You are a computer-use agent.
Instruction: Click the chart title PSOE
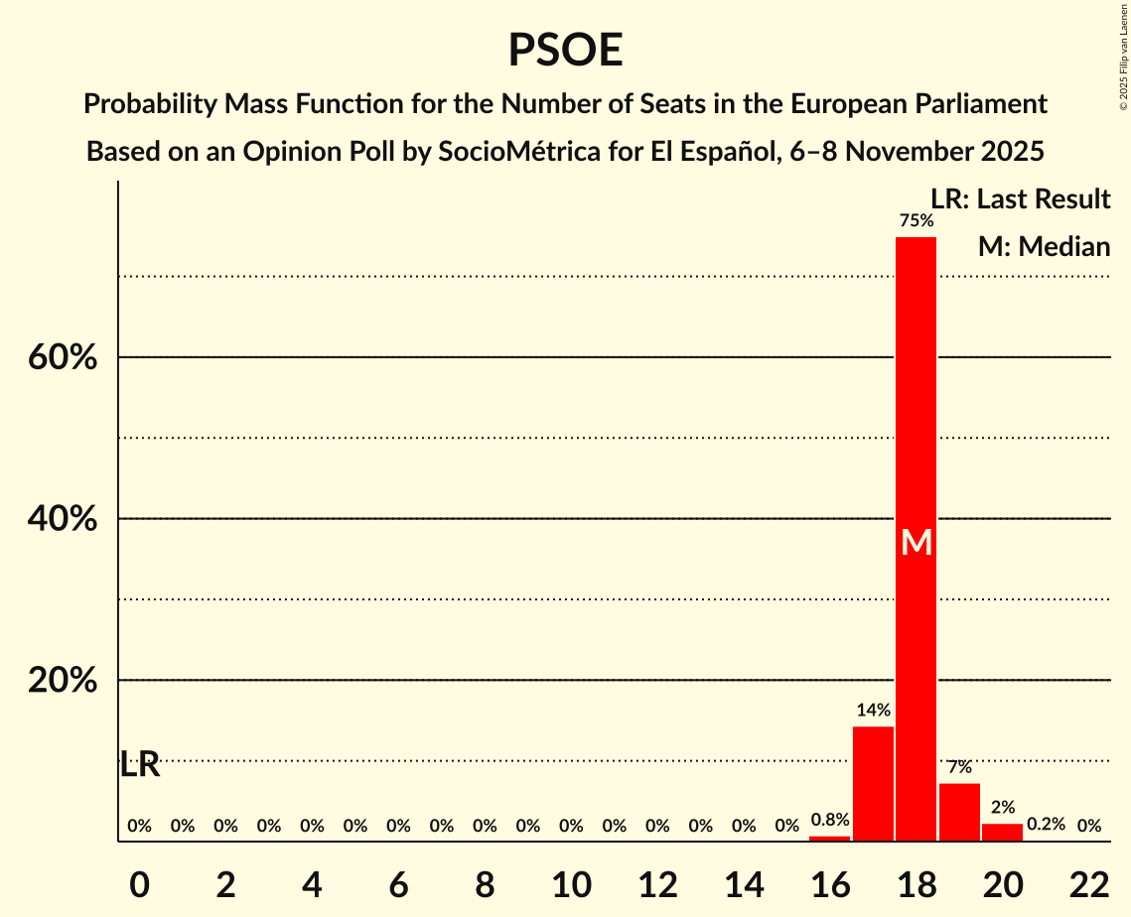(565, 50)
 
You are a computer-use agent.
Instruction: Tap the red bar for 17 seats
(873, 784)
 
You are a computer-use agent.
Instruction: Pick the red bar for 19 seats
(959, 812)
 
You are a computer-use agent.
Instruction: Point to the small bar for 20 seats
(1002, 832)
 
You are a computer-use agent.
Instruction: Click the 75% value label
(916, 220)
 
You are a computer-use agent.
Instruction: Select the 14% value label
(873, 711)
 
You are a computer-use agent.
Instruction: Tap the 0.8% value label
(829, 821)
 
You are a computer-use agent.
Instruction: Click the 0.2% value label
(1045, 825)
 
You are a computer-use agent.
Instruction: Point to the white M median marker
(917, 543)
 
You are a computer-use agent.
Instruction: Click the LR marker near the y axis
(139, 765)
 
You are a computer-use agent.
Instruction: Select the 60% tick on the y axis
(63, 357)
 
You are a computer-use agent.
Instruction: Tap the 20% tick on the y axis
(63, 681)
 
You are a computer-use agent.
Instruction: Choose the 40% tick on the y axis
(63, 519)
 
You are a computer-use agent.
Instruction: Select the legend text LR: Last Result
(1020, 199)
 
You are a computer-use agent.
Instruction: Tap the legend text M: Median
(1044, 247)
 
